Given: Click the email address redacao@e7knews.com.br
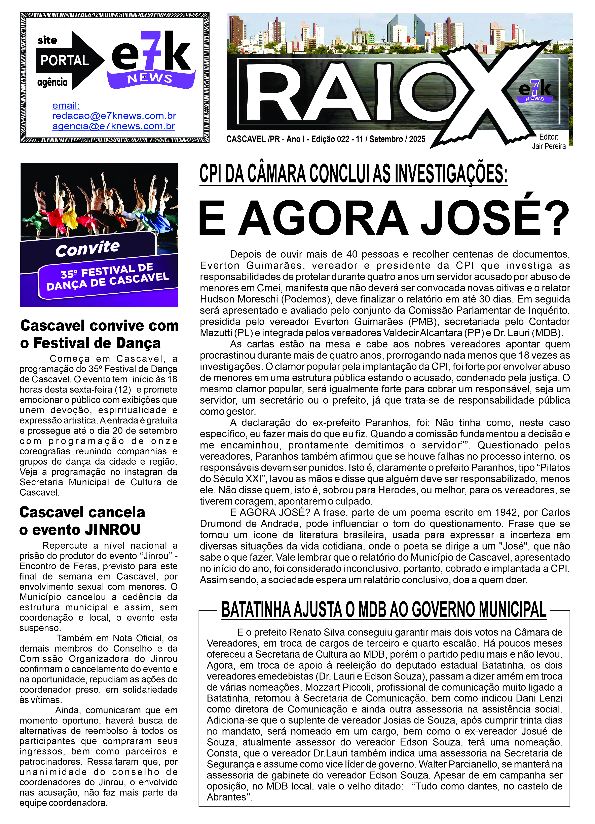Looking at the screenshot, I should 114,116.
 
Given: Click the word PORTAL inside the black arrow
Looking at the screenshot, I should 65,61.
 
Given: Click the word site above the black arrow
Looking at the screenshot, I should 47,40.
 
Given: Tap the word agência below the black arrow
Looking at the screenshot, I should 52,82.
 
